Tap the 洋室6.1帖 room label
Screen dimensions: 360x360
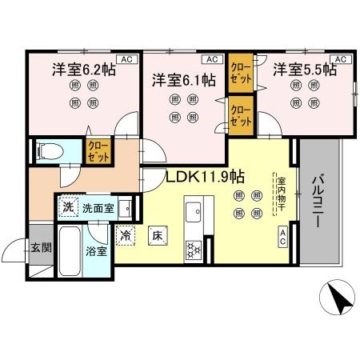183,80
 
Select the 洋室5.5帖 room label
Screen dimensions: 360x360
303,70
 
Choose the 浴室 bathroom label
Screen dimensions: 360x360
96,251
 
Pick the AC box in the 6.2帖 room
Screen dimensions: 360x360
126,58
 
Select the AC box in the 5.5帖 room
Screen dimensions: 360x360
339,58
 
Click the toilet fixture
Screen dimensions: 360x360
47,150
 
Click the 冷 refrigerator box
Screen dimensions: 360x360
126,236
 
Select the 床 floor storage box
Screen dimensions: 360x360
158,236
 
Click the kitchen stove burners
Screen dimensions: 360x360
194,250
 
